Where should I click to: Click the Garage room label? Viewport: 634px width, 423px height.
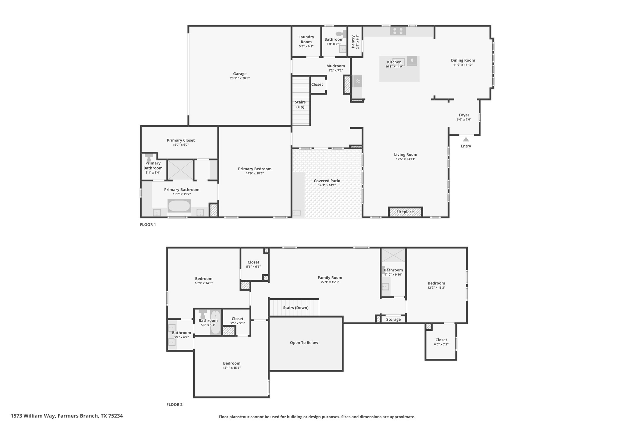[x=240, y=74]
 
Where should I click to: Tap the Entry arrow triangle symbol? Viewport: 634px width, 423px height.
[x=466, y=140]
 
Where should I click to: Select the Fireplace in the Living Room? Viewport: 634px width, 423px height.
[x=405, y=212]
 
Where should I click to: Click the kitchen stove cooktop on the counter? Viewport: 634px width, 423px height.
[x=398, y=31]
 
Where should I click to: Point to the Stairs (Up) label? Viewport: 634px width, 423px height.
[x=300, y=105]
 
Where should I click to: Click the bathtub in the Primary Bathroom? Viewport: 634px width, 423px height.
[x=179, y=206]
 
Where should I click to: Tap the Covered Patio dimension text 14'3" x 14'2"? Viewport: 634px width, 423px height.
[x=327, y=185]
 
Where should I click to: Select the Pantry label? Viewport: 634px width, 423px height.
[x=353, y=42]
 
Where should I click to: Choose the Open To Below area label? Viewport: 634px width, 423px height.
[x=304, y=343]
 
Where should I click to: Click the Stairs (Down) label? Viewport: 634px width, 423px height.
[x=296, y=308]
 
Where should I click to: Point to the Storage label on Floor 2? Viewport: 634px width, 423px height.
[x=393, y=319]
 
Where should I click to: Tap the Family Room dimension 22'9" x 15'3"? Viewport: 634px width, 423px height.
[x=330, y=282]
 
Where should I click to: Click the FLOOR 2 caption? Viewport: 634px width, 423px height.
[x=174, y=405]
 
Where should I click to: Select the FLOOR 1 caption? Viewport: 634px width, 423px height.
[x=148, y=225]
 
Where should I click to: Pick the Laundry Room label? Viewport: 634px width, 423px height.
[x=306, y=39]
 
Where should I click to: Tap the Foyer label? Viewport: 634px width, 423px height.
[x=464, y=115]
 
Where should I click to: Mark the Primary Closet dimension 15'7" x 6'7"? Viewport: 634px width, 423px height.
[x=181, y=145]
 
